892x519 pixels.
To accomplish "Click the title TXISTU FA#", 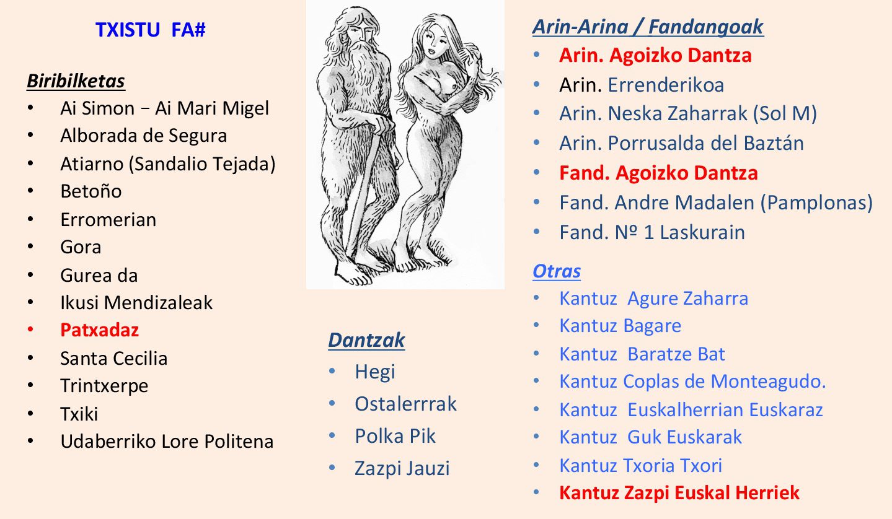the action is tap(150, 30).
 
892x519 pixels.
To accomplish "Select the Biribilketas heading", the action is tap(76, 82).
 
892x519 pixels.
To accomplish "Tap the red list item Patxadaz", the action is tap(100, 330).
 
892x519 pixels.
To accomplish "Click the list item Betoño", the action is tap(91, 191).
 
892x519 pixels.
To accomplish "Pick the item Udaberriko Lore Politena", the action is tap(167, 442).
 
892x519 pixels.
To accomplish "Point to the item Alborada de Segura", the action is tap(143, 136).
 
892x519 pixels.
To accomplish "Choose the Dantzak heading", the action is tap(366, 340).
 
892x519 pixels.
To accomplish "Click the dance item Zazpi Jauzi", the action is tap(402, 468).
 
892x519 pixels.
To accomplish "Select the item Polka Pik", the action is tap(395, 436).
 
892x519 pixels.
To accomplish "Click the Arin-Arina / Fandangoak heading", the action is tap(648, 27).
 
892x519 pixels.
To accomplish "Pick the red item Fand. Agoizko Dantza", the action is tap(659, 173).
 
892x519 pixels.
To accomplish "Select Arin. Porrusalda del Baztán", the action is tap(682, 143).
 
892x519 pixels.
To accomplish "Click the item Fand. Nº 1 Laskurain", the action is tap(652, 232).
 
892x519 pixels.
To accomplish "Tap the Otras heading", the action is tap(557, 271).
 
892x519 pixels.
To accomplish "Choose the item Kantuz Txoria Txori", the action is tap(641, 465).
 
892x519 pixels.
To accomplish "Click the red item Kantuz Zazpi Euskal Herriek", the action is tap(679, 493).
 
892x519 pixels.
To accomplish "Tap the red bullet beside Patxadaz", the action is tap(30, 329).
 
